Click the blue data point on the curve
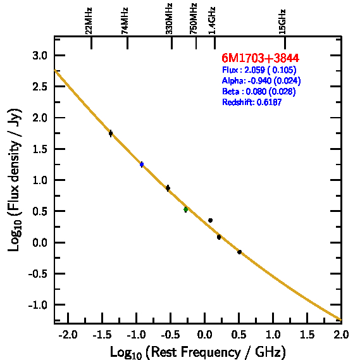142,164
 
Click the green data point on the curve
186,209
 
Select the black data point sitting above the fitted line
210,220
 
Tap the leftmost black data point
111,133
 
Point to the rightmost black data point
239,252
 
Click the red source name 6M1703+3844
261,58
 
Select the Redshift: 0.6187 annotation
252,102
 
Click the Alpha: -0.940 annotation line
261,80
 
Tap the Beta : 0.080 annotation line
259,91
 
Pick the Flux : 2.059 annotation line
259,70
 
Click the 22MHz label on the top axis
89,21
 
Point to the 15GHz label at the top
282,22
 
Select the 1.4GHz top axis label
212,21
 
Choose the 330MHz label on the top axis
169,19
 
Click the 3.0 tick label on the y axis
40,56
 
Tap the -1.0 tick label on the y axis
38,305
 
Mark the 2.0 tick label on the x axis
342,335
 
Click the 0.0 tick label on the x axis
204,335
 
